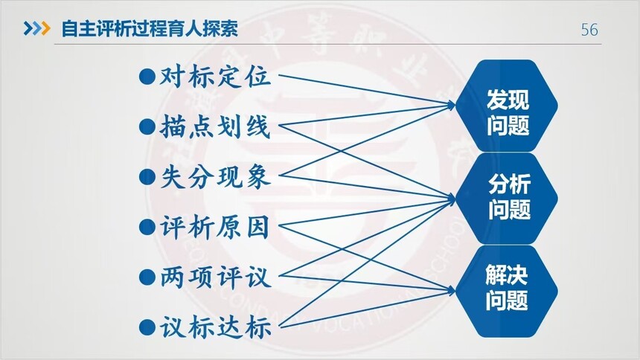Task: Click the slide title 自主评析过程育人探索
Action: [150, 28]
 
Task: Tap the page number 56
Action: [589, 30]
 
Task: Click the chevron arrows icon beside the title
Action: [36, 28]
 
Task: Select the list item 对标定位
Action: [215, 76]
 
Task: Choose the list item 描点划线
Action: [215, 126]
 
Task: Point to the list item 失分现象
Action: [215, 177]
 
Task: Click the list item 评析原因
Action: [215, 227]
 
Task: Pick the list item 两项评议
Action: [215, 277]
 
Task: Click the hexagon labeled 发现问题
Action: [507, 106]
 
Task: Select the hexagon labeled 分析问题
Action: [507, 199]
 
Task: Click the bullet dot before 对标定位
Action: [147, 77]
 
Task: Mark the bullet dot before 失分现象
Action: [147, 177]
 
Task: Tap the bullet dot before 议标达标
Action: [147, 328]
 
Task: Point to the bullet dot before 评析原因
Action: [147, 228]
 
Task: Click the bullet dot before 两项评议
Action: [147, 278]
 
